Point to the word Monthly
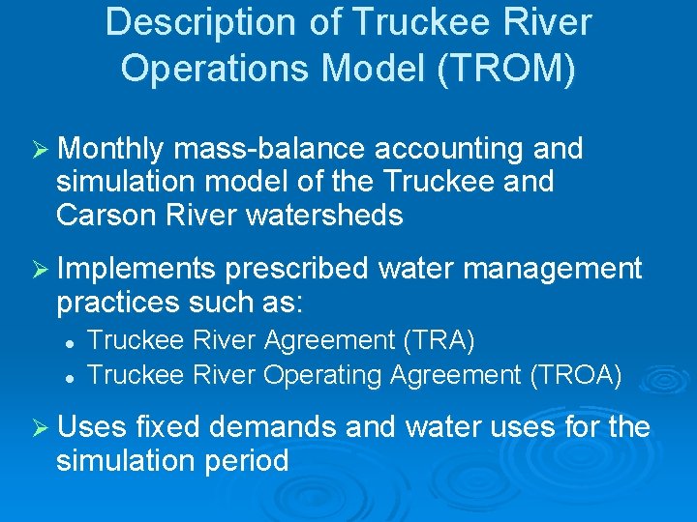(114, 150)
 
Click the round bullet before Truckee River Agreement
(71, 342)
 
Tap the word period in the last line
(246, 460)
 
